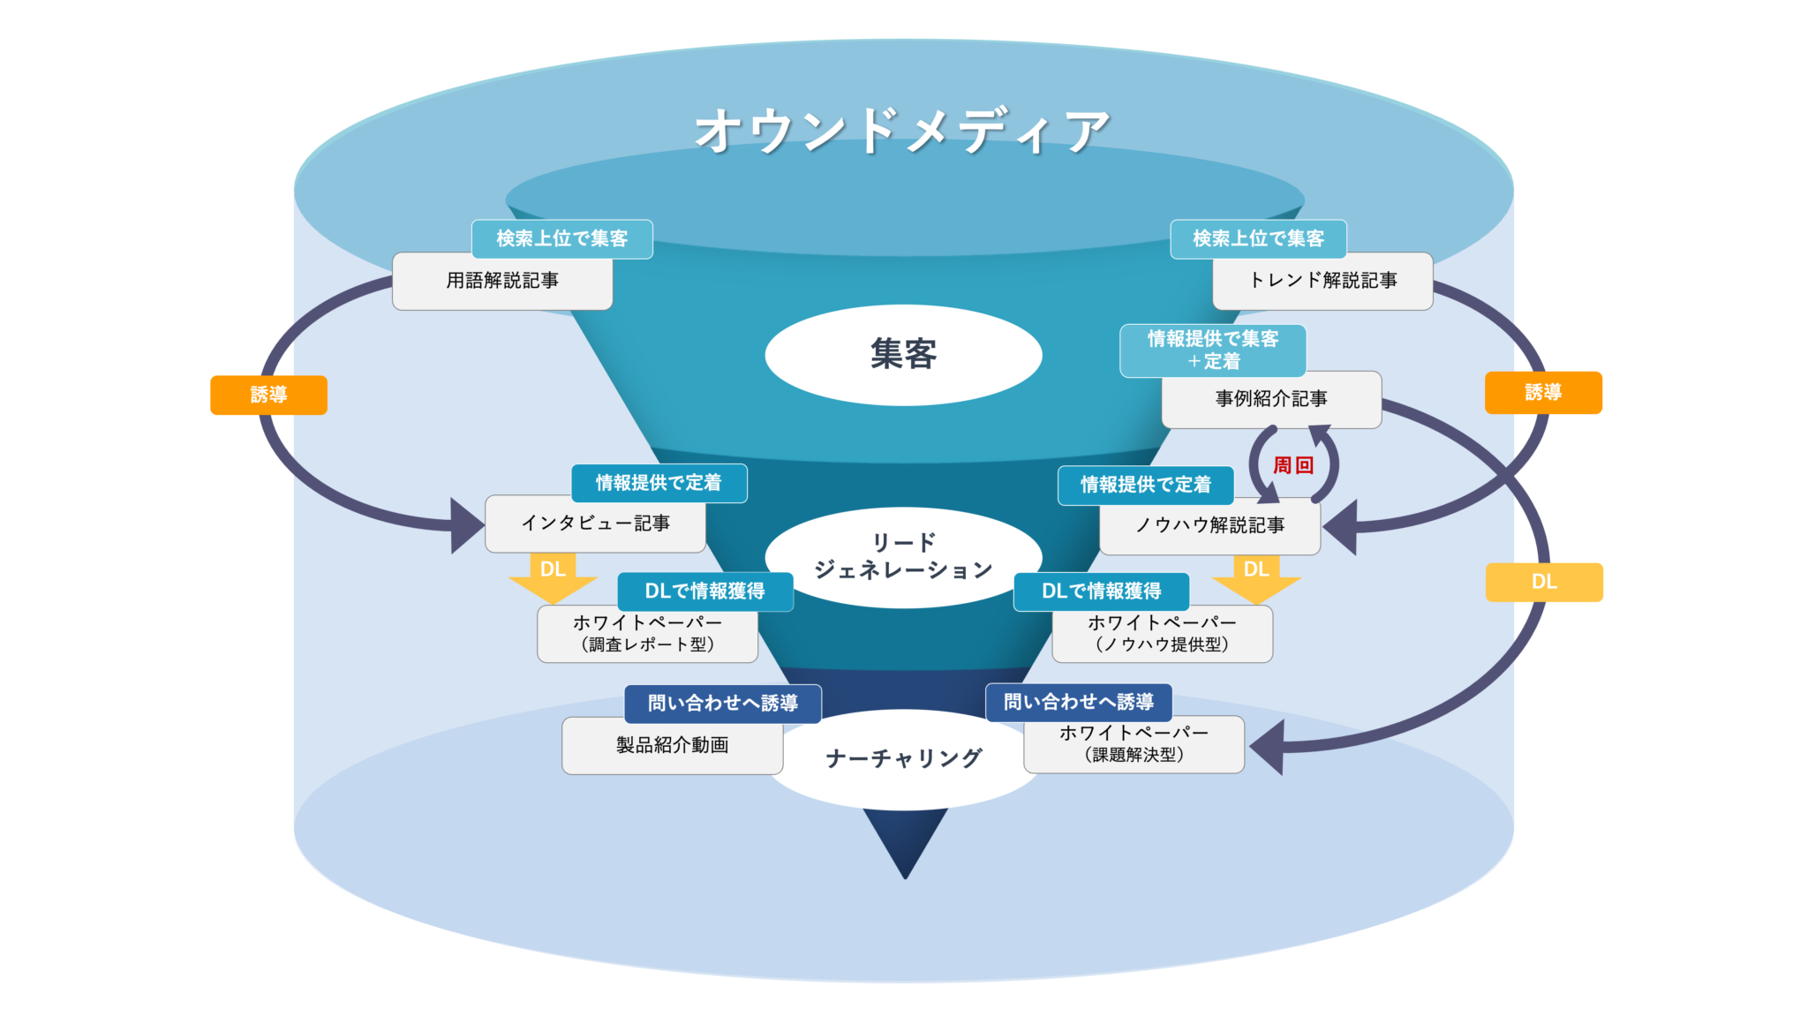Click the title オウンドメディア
pyautogui.click(x=902, y=131)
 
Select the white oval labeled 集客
pyautogui.click(x=903, y=354)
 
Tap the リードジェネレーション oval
pyautogui.click(x=903, y=556)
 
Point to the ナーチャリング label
pyautogui.click(x=903, y=758)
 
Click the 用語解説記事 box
pyautogui.click(x=501, y=282)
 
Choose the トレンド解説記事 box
pyautogui.click(x=1322, y=282)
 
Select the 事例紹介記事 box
pyautogui.click(x=1271, y=400)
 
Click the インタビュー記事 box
pyautogui.click(x=595, y=524)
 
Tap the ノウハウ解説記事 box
pyautogui.click(x=1209, y=526)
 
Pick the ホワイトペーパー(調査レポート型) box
pyautogui.click(x=647, y=634)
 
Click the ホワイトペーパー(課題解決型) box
pyautogui.click(x=1134, y=744)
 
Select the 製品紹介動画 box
pyautogui.click(x=672, y=746)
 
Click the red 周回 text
pyautogui.click(x=1293, y=465)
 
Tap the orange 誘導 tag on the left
pyautogui.click(x=268, y=395)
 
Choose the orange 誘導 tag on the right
pyautogui.click(x=1543, y=393)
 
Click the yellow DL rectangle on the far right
pyautogui.click(x=1544, y=583)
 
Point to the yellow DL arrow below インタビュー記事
pyautogui.click(x=553, y=576)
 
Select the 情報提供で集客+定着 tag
pyautogui.click(x=1212, y=350)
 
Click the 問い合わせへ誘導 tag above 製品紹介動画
pyautogui.click(x=722, y=704)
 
